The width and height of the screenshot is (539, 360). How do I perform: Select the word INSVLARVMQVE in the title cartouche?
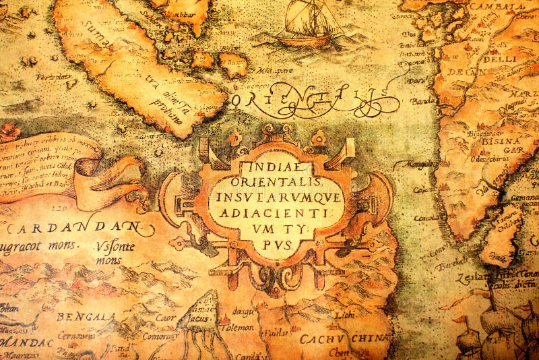point(276,197)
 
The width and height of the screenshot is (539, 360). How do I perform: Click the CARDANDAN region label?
point(74,228)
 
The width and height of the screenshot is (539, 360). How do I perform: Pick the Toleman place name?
point(237,328)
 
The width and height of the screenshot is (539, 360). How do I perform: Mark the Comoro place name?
point(160,334)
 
